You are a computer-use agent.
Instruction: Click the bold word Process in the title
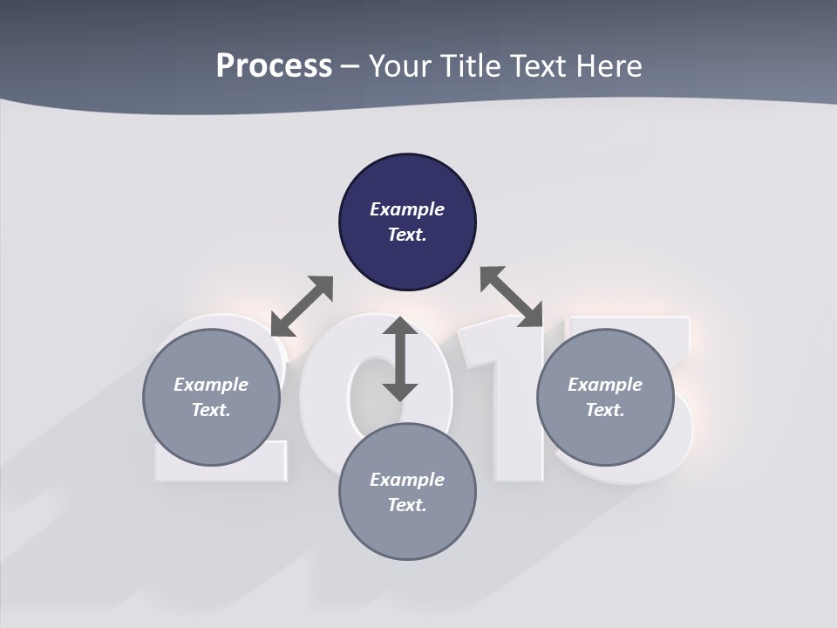[274, 66]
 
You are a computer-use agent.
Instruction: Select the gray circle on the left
[211, 436]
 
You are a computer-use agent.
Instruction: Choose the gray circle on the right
[605, 436]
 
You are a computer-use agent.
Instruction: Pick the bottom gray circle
[407, 532]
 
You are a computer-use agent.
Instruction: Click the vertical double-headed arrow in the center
[400, 358]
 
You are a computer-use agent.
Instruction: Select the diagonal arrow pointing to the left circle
[302, 306]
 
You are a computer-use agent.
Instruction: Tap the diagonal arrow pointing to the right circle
[512, 297]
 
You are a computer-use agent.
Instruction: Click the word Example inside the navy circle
[407, 209]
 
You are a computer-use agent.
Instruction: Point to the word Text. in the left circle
[211, 410]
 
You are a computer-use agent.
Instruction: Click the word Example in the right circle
[605, 385]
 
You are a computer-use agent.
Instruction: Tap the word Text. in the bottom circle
[407, 505]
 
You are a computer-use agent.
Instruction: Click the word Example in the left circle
[211, 385]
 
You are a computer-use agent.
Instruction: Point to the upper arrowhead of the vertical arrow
[400, 326]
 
